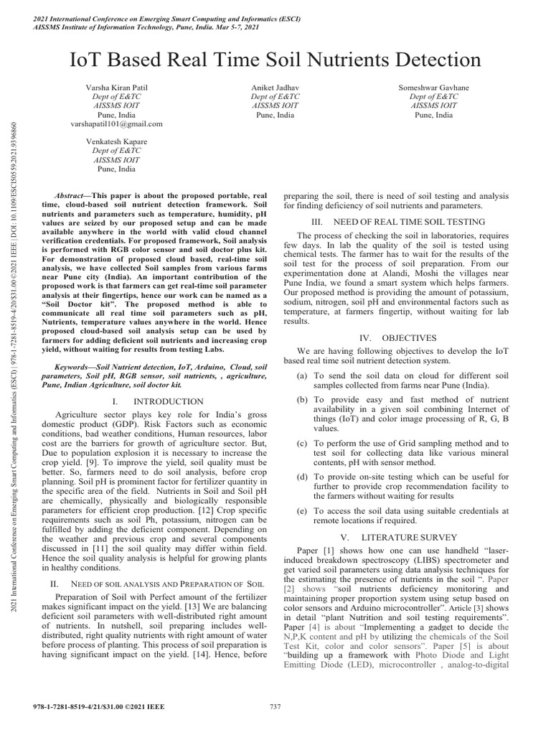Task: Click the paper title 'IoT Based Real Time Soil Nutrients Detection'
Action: [x=275, y=58]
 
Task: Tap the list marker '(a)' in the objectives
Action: [x=303, y=376]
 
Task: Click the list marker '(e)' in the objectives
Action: [x=303, y=511]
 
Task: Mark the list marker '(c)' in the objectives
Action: [x=303, y=444]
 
